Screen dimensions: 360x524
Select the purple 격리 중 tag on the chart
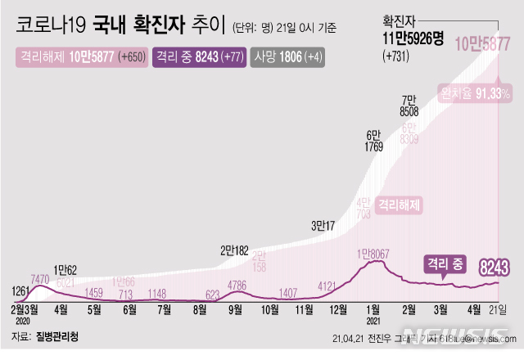445,263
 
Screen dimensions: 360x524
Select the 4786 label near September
237,286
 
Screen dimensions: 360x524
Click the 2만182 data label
236,251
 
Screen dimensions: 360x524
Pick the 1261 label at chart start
23,290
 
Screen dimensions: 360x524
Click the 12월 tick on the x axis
337,311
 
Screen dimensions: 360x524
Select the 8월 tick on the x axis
200,311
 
